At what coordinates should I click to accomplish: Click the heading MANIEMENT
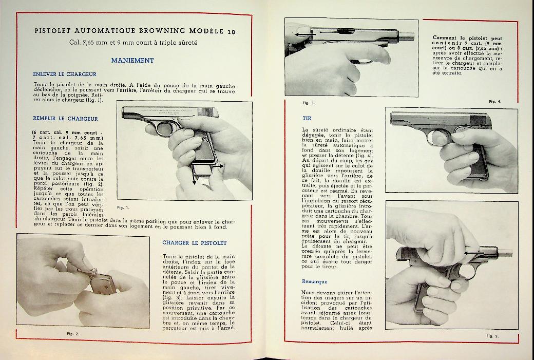[x=132, y=60]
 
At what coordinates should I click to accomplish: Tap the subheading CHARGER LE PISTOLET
[x=194, y=242]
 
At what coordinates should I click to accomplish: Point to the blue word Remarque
[x=314, y=281]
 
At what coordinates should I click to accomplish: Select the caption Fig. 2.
[x=73, y=334]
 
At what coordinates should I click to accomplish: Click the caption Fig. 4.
[x=495, y=101]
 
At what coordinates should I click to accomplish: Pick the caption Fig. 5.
[x=492, y=335]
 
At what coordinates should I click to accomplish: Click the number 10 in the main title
[x=232, y=32]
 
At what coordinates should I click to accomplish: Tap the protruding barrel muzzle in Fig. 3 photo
[x=409, y=36]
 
